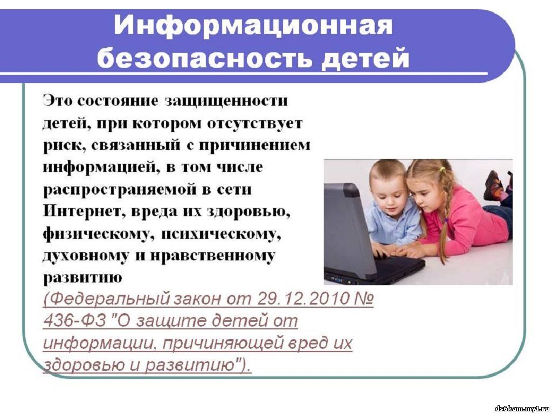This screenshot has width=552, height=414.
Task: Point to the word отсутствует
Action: pyautogui.click(x=254, y=123)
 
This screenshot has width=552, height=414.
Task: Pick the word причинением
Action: pyautogui.click(x=254, y=146)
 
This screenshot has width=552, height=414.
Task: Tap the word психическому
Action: pyautogui.click(x=221, y=235)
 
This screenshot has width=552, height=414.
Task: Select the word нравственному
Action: pyautogui.click(x=212, y=257)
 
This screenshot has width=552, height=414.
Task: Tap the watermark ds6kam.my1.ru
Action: pyautogui.click(x=522, y=409)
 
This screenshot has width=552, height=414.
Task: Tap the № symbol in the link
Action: pyautogui.click(x=363, y=299)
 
